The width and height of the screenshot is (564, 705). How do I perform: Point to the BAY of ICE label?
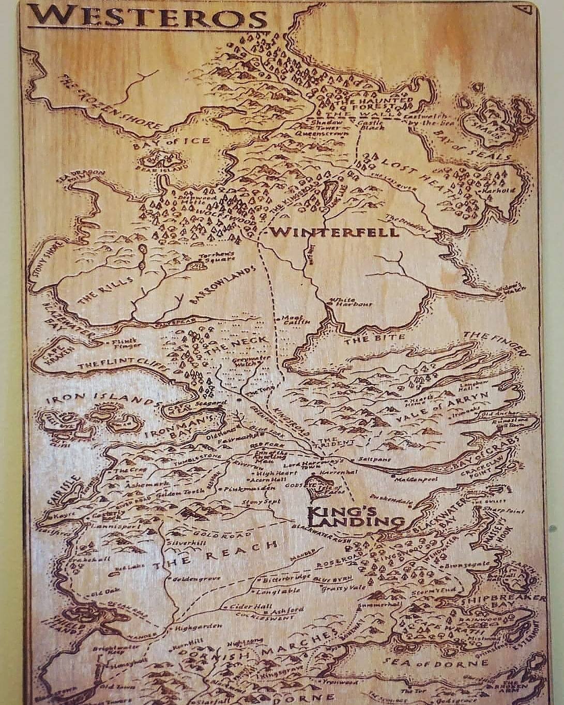[171, 142]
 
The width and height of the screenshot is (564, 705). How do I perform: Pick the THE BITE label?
[364, 339]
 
